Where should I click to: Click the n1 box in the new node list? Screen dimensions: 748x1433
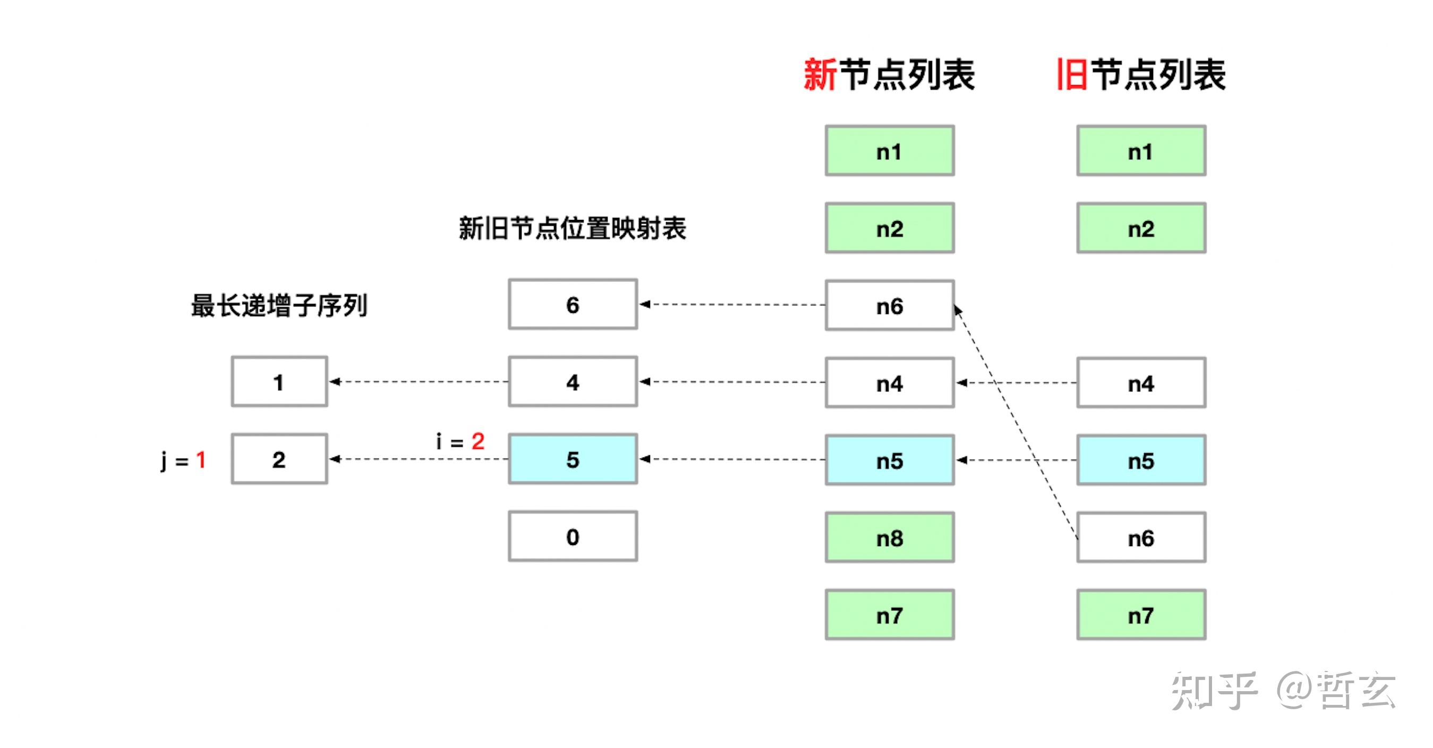pyautogui.click(x=890, y=151)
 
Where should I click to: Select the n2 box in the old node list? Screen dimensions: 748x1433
pyautogui.click(x=1141, y=228)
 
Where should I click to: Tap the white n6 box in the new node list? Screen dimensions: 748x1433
pyautogui.click(x=890, y=305)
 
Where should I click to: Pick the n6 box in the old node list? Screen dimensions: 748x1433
pyautogui.click(x=1141, y=538)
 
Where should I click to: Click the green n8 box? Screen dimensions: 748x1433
pyautogui.click(x=890, y=538)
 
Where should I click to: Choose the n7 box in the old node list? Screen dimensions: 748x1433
pyautogui.click(x=1141, y=615)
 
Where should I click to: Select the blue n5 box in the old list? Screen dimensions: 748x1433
pyautogui.click(x=1141, y=460)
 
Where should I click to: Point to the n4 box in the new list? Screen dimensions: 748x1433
pyautogui.click(x=890, y=383)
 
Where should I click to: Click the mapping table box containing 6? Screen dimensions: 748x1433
pyautogui.click(x=573, y=304)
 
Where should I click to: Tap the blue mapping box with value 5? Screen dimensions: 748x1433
pyautogui.click(x=573, y=459)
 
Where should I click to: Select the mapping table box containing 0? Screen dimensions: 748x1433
pyautogui.click(x=573, y=537)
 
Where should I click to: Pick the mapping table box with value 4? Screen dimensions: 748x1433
pyautogui.click(x=573, y=382)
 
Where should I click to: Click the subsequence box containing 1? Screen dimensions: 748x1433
pyautogui.click(x=279, y=382)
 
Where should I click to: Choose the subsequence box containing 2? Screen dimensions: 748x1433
pyautogui.click(x=279, y=459)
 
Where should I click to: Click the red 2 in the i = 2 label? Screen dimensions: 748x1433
pyautogui.click(x=478, y=441)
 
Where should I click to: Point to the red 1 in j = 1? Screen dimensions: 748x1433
pyautogui.click(x=201, y=460)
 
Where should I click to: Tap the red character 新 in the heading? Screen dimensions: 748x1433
pyautogui.click(x=820, y=74)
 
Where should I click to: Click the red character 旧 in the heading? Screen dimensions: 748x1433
pyautogui.click(x=1072, y=74)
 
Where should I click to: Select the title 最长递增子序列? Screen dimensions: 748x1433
pyautogui.click(x=279, y=305)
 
